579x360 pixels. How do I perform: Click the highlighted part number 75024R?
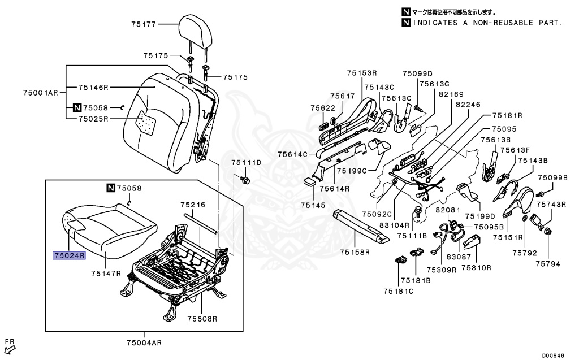68,255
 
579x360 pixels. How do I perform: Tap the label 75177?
144,24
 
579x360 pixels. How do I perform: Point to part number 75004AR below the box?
144,342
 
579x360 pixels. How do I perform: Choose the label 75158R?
355,252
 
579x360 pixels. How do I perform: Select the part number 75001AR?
41,92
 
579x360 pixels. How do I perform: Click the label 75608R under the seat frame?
202,319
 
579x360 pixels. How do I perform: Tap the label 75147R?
106,274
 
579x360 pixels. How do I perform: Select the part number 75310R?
476,268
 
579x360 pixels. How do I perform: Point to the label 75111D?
246,163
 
